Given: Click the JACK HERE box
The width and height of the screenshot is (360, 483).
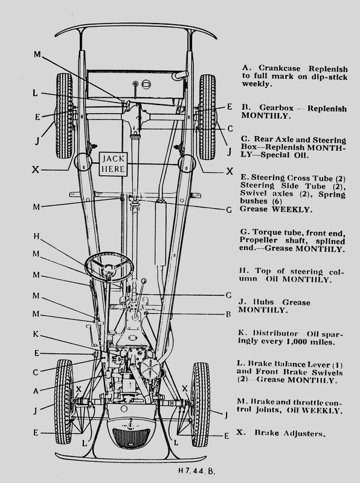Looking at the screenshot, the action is [x=113, y=164].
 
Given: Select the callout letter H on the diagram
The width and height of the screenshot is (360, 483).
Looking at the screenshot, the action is [x=36, y=236].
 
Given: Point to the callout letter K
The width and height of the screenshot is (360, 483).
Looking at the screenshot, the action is [x=36, y=334].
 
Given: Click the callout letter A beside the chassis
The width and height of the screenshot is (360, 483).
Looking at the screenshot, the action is [x=36, y=391].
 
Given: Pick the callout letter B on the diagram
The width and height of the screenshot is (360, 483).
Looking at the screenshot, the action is [x=228, y=315].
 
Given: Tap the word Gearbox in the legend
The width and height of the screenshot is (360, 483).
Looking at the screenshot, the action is [x=276, y=108].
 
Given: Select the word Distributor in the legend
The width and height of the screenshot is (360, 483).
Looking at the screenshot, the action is [x=275, y=333].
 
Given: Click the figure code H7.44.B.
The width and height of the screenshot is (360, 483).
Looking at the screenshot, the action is [x=196, y=471].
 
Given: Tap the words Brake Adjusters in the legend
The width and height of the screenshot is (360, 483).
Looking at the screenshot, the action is [x=290, y=433].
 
